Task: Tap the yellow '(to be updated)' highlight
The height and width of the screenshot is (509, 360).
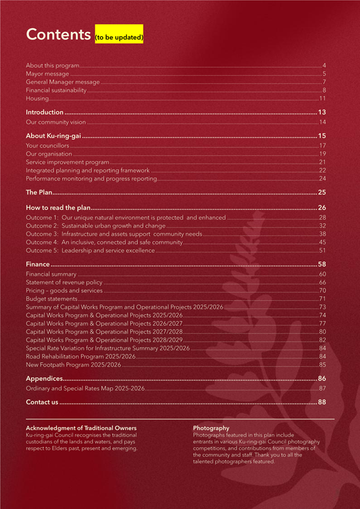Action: (119, 38)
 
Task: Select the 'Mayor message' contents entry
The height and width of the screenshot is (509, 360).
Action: (47, 74)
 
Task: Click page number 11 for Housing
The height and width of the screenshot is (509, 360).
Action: (323, 98)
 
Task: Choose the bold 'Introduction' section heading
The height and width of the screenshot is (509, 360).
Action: (45, 112)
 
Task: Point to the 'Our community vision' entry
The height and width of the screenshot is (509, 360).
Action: (55, 122)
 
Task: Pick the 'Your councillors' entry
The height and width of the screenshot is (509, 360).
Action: (47, 146)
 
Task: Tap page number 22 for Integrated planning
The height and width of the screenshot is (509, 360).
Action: (323, 170)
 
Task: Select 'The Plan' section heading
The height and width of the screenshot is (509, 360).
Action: (39, 192)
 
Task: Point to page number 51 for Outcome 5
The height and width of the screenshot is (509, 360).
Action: (323, 250)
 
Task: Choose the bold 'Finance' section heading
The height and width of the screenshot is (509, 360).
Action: (38, 264)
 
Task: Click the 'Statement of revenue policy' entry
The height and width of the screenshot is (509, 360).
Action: (64, 282)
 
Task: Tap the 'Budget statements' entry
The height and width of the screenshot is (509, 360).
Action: (51, 299)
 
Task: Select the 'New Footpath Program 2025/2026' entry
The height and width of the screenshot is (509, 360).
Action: (73, 365)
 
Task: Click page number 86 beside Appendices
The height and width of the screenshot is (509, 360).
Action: (322, 379)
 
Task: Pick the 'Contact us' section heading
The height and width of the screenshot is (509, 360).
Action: (42, 402)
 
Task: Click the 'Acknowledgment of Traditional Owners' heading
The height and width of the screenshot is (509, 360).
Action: (81, 428)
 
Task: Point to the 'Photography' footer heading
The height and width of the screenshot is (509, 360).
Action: (211, 428)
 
